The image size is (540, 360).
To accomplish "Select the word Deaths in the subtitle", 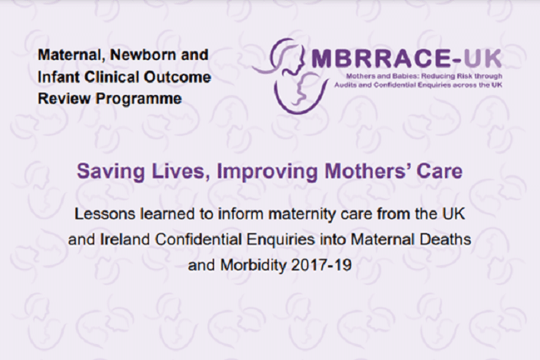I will pyautogui.click(x=444, y=239).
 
